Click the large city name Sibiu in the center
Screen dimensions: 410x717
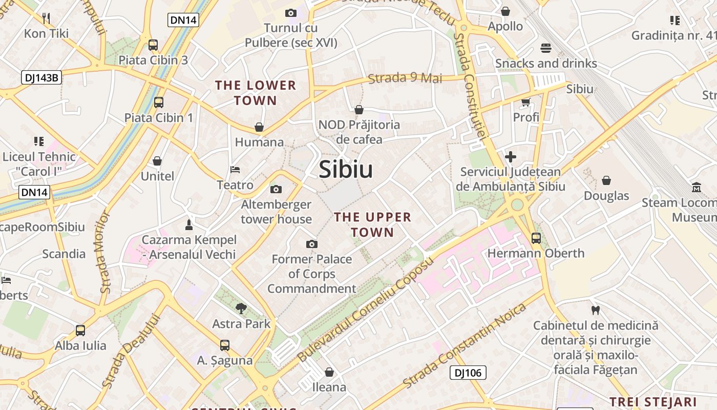[x=346, y=170]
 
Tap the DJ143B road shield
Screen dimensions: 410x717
[x=41, y=78]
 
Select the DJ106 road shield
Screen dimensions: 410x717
[x=468, y=373]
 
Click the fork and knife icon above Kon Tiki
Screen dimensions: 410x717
[x=46, y=19]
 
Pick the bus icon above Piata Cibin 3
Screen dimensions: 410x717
[x=153, y=45]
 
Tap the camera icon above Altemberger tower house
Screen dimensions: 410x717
[x=276, y=190]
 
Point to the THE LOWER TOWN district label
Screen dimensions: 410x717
[x=256, y=93]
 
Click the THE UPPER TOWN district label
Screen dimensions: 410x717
[x=373, y=224]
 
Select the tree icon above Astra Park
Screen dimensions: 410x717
[x=241, y=308]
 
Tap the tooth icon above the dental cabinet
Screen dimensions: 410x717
[x=595, y=310]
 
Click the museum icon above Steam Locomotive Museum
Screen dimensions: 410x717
[x=697, y=188]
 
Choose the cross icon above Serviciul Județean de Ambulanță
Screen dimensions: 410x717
[x=510, y=157]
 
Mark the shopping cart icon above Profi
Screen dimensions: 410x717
[x=525, y=102]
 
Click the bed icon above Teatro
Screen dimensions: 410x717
[x=235, y=170]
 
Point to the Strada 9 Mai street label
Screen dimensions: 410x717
[x=405, y=78]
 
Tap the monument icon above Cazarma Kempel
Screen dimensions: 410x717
[x=188, y=224]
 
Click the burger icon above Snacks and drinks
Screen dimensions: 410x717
[x=546, y=48]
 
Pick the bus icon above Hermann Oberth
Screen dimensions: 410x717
[x=536, y=238]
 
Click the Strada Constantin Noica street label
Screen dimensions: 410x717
[x=465, y=345]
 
